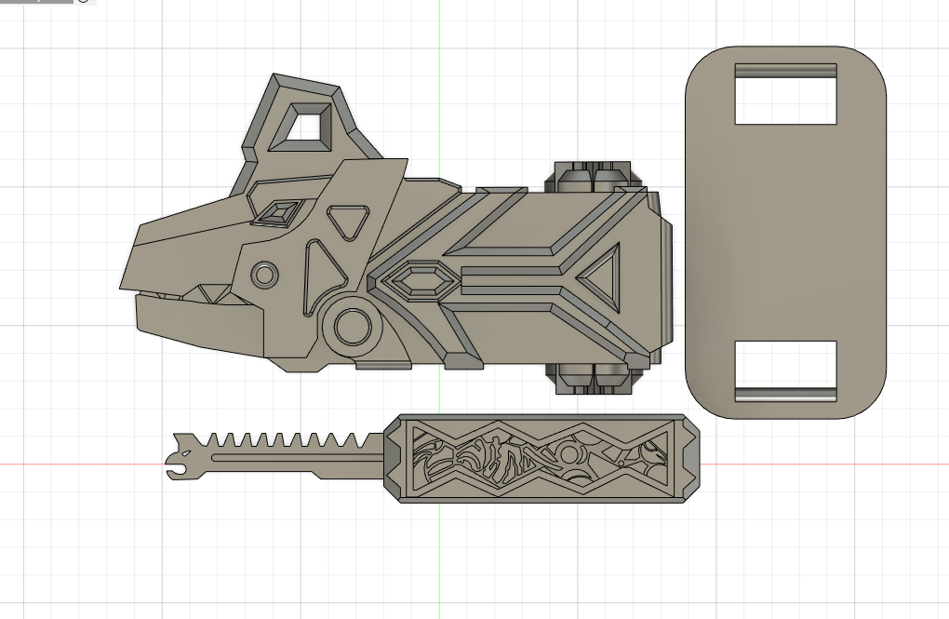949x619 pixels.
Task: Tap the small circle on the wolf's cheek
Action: click(264, 275)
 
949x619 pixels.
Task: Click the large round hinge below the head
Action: click(352, 327)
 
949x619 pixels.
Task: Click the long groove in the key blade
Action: click(298, 458)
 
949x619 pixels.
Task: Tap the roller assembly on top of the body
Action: click(594, 176)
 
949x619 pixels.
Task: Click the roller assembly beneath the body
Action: click(594, 378)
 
